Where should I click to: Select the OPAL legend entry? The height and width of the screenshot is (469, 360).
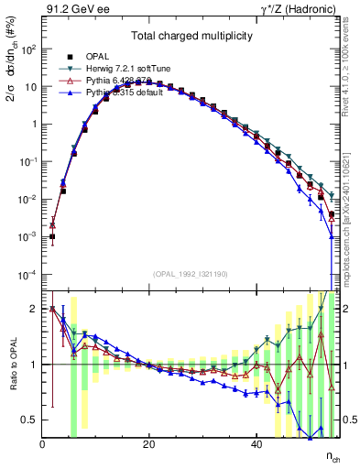[93, 57]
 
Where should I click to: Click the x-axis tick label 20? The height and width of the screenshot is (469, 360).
[148, 446]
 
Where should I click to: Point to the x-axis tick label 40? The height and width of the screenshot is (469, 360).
[255, 446]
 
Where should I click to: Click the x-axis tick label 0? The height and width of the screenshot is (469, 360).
[42, 446]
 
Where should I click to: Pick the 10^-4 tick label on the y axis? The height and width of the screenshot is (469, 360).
[27, 275]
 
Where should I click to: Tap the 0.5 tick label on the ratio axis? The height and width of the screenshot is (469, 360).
[29, 420]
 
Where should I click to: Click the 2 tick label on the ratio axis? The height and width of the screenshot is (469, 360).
[34, 310]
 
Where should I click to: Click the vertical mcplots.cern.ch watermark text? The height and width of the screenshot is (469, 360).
[349, 202]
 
